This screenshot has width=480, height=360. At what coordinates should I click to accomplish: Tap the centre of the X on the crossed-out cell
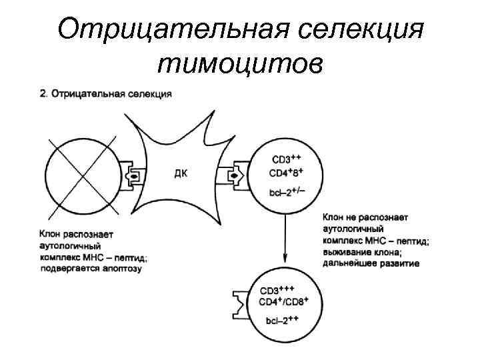click(83, 176)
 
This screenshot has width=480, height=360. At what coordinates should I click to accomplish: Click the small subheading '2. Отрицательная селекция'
click(105, 94)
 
